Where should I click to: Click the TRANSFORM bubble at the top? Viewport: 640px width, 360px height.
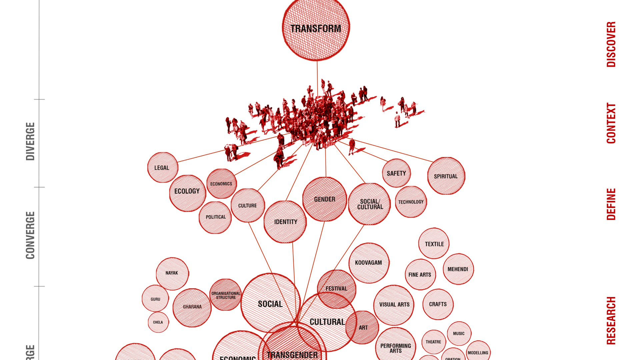(x=316, y=29)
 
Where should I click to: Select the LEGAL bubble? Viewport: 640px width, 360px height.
(x=162, y=167)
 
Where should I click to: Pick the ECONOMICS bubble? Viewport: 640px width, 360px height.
(x=221, y=184)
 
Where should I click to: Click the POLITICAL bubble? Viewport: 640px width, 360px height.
(x=215, y=217)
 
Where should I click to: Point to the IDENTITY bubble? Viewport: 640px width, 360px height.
(x=285, y=222)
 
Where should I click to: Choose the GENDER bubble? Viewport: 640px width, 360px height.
(x=324, y=199)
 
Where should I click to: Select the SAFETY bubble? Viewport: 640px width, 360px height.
(x=396, y=173)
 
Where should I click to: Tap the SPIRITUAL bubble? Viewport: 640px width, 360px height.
(x=446, y=176)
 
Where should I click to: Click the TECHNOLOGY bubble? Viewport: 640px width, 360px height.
(x=411, y=202)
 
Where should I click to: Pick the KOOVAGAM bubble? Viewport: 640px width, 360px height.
(x=368, y=263)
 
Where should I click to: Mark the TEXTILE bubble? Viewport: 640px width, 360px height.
(x=434, y=244)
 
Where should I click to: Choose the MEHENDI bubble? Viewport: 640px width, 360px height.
(x=458, y=269)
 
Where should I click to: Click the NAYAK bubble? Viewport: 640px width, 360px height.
(x=172, y=273)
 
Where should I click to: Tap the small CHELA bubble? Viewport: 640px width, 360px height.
(x=158, y=322)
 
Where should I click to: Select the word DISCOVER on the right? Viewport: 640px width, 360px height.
(x=611, y=44)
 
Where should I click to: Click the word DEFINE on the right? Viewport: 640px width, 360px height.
(x=611, y=204)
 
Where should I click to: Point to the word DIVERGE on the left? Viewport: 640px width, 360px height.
(x=30, y=141)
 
